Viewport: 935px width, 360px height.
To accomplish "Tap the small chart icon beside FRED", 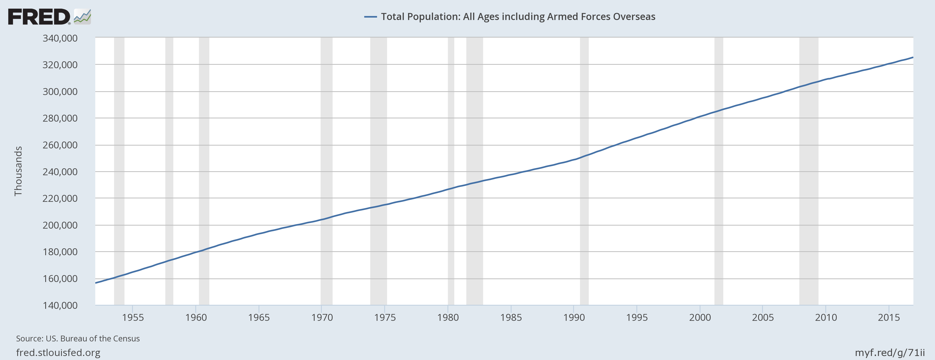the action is (82, 17).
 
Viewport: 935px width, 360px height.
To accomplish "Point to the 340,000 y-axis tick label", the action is (60, 38).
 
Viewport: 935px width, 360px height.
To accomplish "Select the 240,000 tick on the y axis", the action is (60, 172).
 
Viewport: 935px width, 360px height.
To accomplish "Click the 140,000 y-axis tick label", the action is (60, 305).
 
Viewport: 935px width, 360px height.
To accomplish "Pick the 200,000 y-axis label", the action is (60, 225).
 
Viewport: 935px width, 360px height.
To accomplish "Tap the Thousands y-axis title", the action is (18, 171).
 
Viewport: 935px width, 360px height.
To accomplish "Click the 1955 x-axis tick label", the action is (133, 318).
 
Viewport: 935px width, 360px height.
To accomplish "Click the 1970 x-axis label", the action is (322, 318).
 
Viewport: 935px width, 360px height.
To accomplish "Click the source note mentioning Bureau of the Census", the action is (78, 339).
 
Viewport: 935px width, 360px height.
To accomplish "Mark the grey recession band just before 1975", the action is (379, 171).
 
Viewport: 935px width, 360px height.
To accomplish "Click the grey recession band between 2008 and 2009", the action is (809, 171).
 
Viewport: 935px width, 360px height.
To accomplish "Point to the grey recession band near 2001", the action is (719, 171).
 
